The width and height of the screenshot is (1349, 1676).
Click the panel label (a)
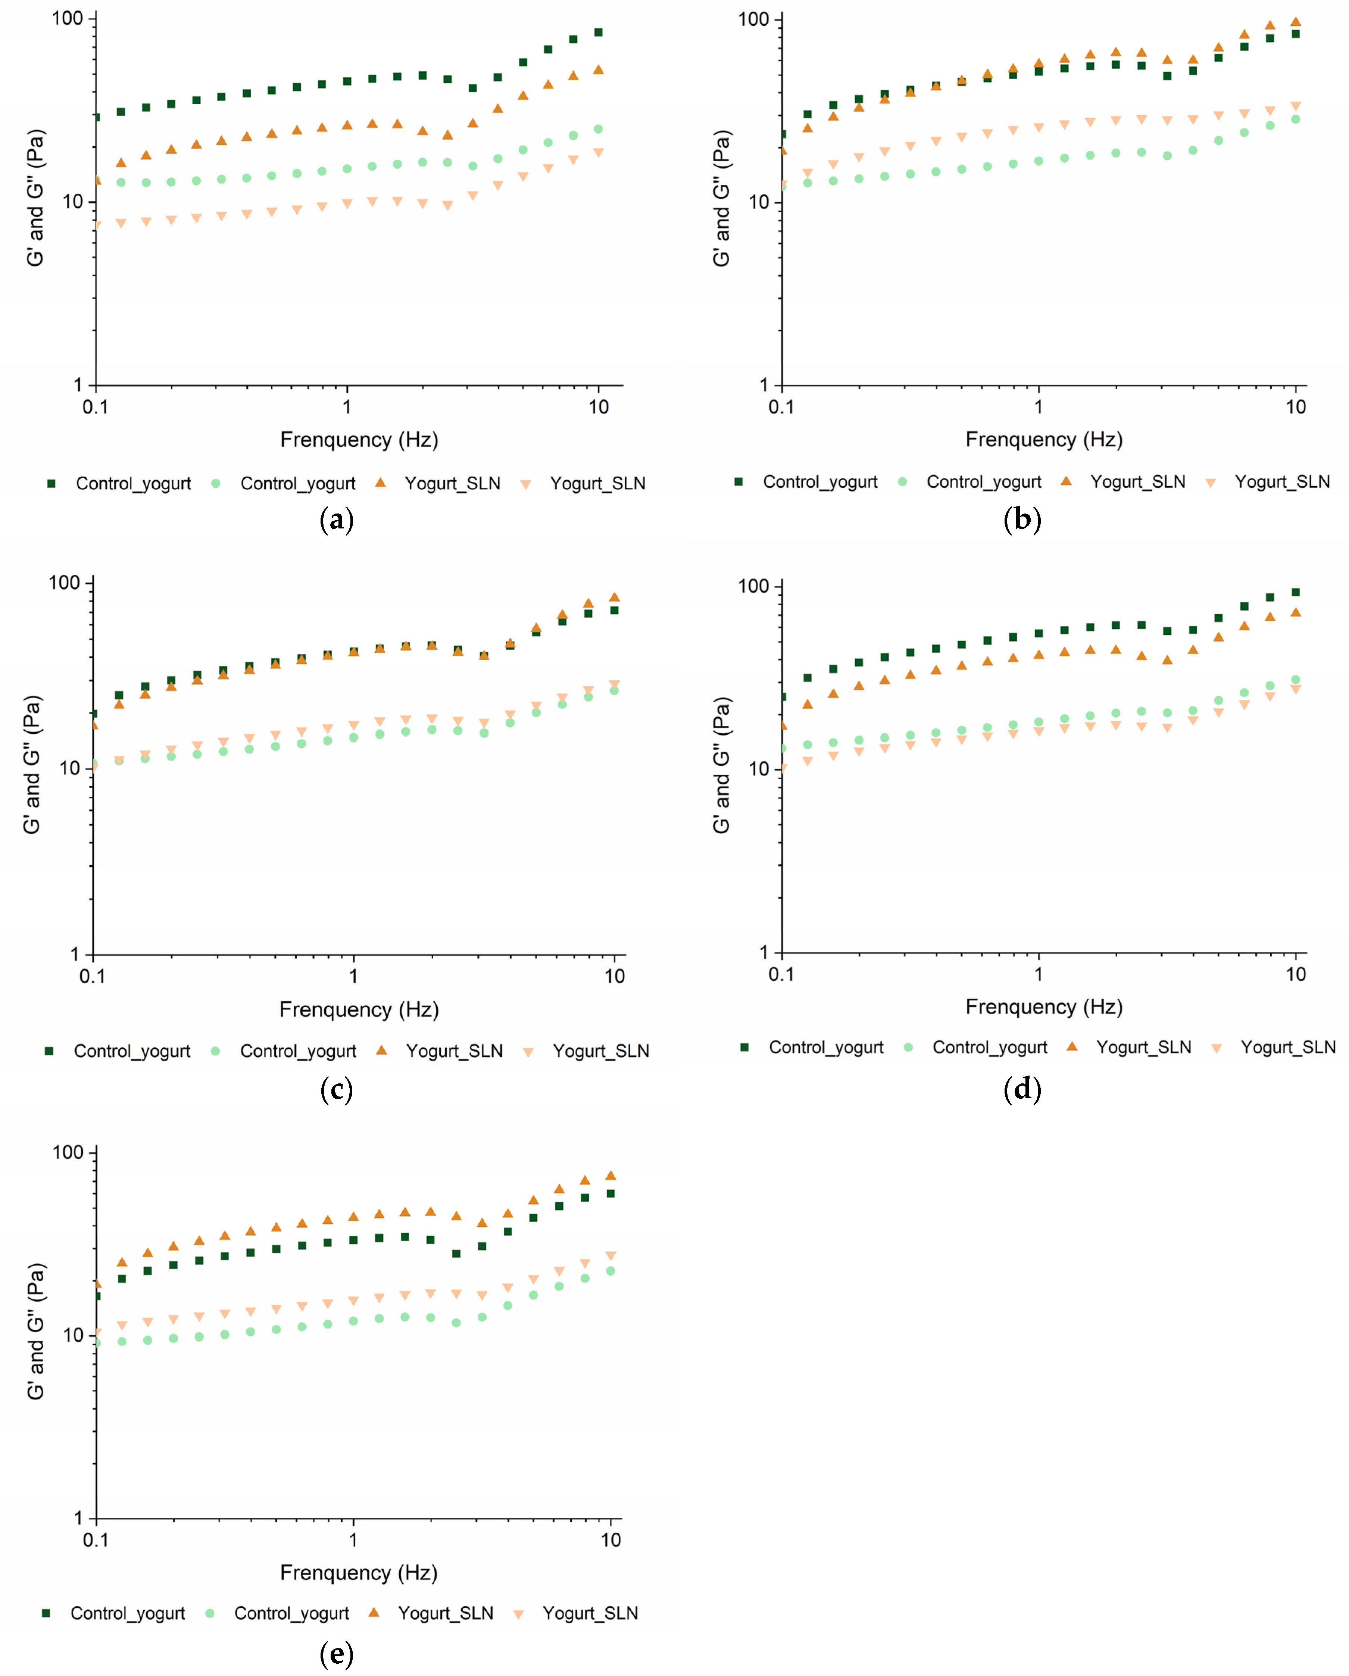click(x=337, y=519)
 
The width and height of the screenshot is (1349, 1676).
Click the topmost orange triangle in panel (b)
click(x=1295, y=22)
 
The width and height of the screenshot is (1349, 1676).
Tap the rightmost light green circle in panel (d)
click(x=1295, y=680)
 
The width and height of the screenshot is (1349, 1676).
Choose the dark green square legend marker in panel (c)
click(x=49, y=1051)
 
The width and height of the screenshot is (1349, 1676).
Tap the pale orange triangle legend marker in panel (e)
click(x=519, y=1614)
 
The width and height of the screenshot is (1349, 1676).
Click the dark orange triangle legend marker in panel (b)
click(x=1066, y=481)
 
